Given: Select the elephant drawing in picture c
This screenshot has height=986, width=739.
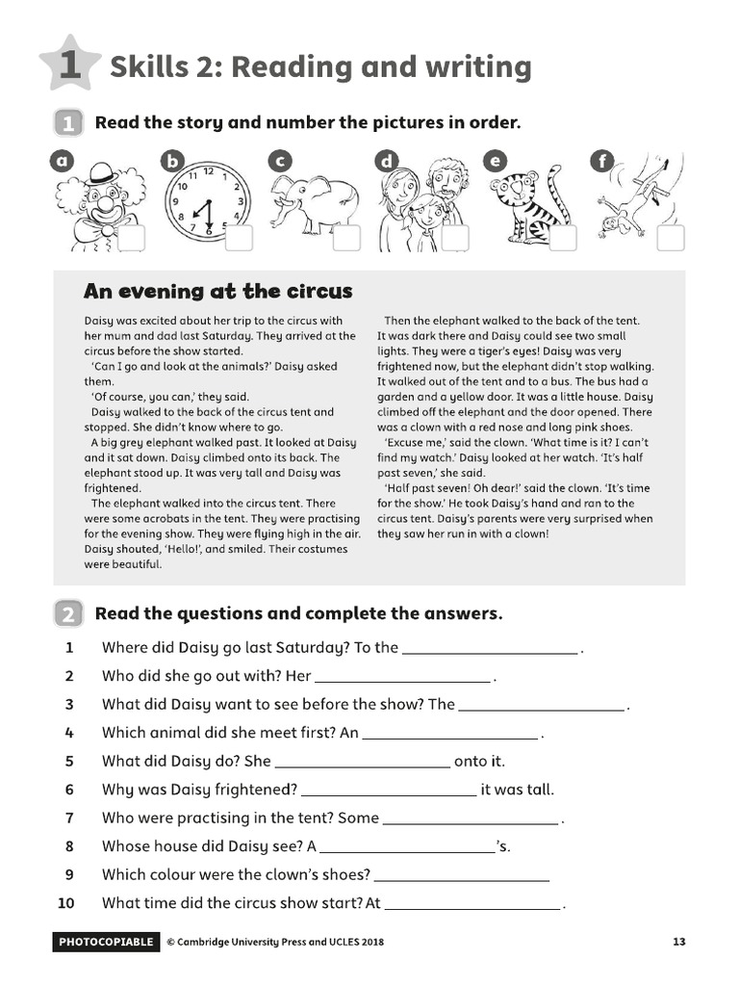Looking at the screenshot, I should [310, 202].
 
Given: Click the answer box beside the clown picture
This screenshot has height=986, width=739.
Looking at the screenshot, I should [132, 238].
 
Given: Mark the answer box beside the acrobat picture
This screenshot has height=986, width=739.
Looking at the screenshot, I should [671, 238].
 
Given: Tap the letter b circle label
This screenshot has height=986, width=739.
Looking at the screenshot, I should [171, 161].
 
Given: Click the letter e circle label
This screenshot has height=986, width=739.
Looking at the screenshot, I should [496, 161].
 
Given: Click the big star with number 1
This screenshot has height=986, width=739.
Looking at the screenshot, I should [68, 65].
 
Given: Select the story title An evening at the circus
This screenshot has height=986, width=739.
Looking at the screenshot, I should [218, 291].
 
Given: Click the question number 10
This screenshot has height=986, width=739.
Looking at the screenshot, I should [65, 903].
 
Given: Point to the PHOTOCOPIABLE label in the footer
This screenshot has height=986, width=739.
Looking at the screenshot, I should [106, 942].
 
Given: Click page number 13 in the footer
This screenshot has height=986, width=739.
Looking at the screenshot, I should [678, 942].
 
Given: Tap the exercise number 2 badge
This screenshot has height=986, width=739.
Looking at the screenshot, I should [68, 613].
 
